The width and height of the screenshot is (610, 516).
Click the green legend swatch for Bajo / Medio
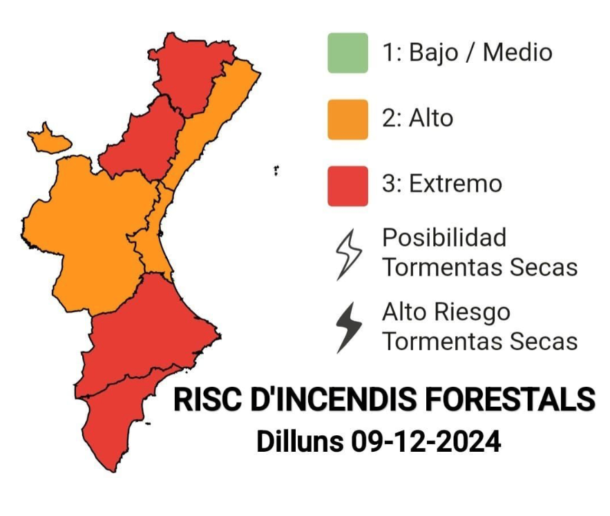[x=347, y=53]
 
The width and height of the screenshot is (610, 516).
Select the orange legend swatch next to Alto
[x=347, y=120]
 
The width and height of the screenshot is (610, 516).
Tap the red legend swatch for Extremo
[x=347, y=186]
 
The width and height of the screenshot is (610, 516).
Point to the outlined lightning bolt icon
[x=349, y=254]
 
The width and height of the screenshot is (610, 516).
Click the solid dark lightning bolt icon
[x=349, y=327]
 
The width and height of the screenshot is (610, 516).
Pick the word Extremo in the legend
[x=455, y=184]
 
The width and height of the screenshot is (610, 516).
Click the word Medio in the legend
[x=517, y=52]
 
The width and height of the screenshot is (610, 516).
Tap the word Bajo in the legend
[x=433, y=53]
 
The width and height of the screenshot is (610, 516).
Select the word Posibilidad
[x=444, y=237]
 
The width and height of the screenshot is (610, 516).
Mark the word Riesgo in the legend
[x=473, y=313]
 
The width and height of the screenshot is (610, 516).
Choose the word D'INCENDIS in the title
[x=334, y=400]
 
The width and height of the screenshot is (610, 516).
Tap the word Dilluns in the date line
[x=300, y=441]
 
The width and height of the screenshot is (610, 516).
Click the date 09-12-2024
[x=426, y=441]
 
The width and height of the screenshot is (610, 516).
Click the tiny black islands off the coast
[x=276, y=170]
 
